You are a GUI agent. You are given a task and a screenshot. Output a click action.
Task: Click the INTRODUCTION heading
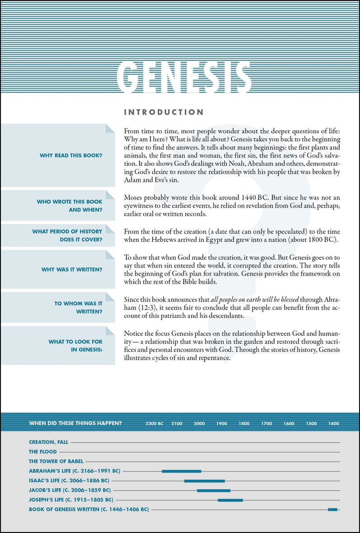(164, 112)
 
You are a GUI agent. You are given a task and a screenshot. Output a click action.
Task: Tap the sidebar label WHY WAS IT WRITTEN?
(72, 270)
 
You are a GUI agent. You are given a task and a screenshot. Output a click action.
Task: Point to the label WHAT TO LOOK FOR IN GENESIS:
(75, 346)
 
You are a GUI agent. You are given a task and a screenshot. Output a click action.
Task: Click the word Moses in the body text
(134, 198)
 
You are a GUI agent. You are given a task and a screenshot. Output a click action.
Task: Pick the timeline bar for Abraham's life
(182, 471)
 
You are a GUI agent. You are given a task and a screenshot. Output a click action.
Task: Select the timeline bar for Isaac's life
(204, 481)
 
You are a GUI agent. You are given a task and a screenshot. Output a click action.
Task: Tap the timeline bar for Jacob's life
(214, 490)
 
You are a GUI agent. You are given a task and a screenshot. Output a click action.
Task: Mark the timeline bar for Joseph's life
(230, 500)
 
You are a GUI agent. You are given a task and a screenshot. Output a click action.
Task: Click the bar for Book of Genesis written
(332, 510)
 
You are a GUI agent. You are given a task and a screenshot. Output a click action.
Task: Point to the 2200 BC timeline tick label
(154, 424)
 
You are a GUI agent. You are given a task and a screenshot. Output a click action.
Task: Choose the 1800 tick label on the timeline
(244, 424)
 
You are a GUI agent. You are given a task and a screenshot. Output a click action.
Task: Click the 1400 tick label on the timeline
(333, 424)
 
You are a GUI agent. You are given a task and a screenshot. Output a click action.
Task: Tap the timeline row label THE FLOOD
(43, 452)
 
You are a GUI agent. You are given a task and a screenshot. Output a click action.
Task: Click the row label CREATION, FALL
(49, 442)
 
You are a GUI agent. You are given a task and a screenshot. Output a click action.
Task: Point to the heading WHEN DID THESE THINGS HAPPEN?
(75, 424)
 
